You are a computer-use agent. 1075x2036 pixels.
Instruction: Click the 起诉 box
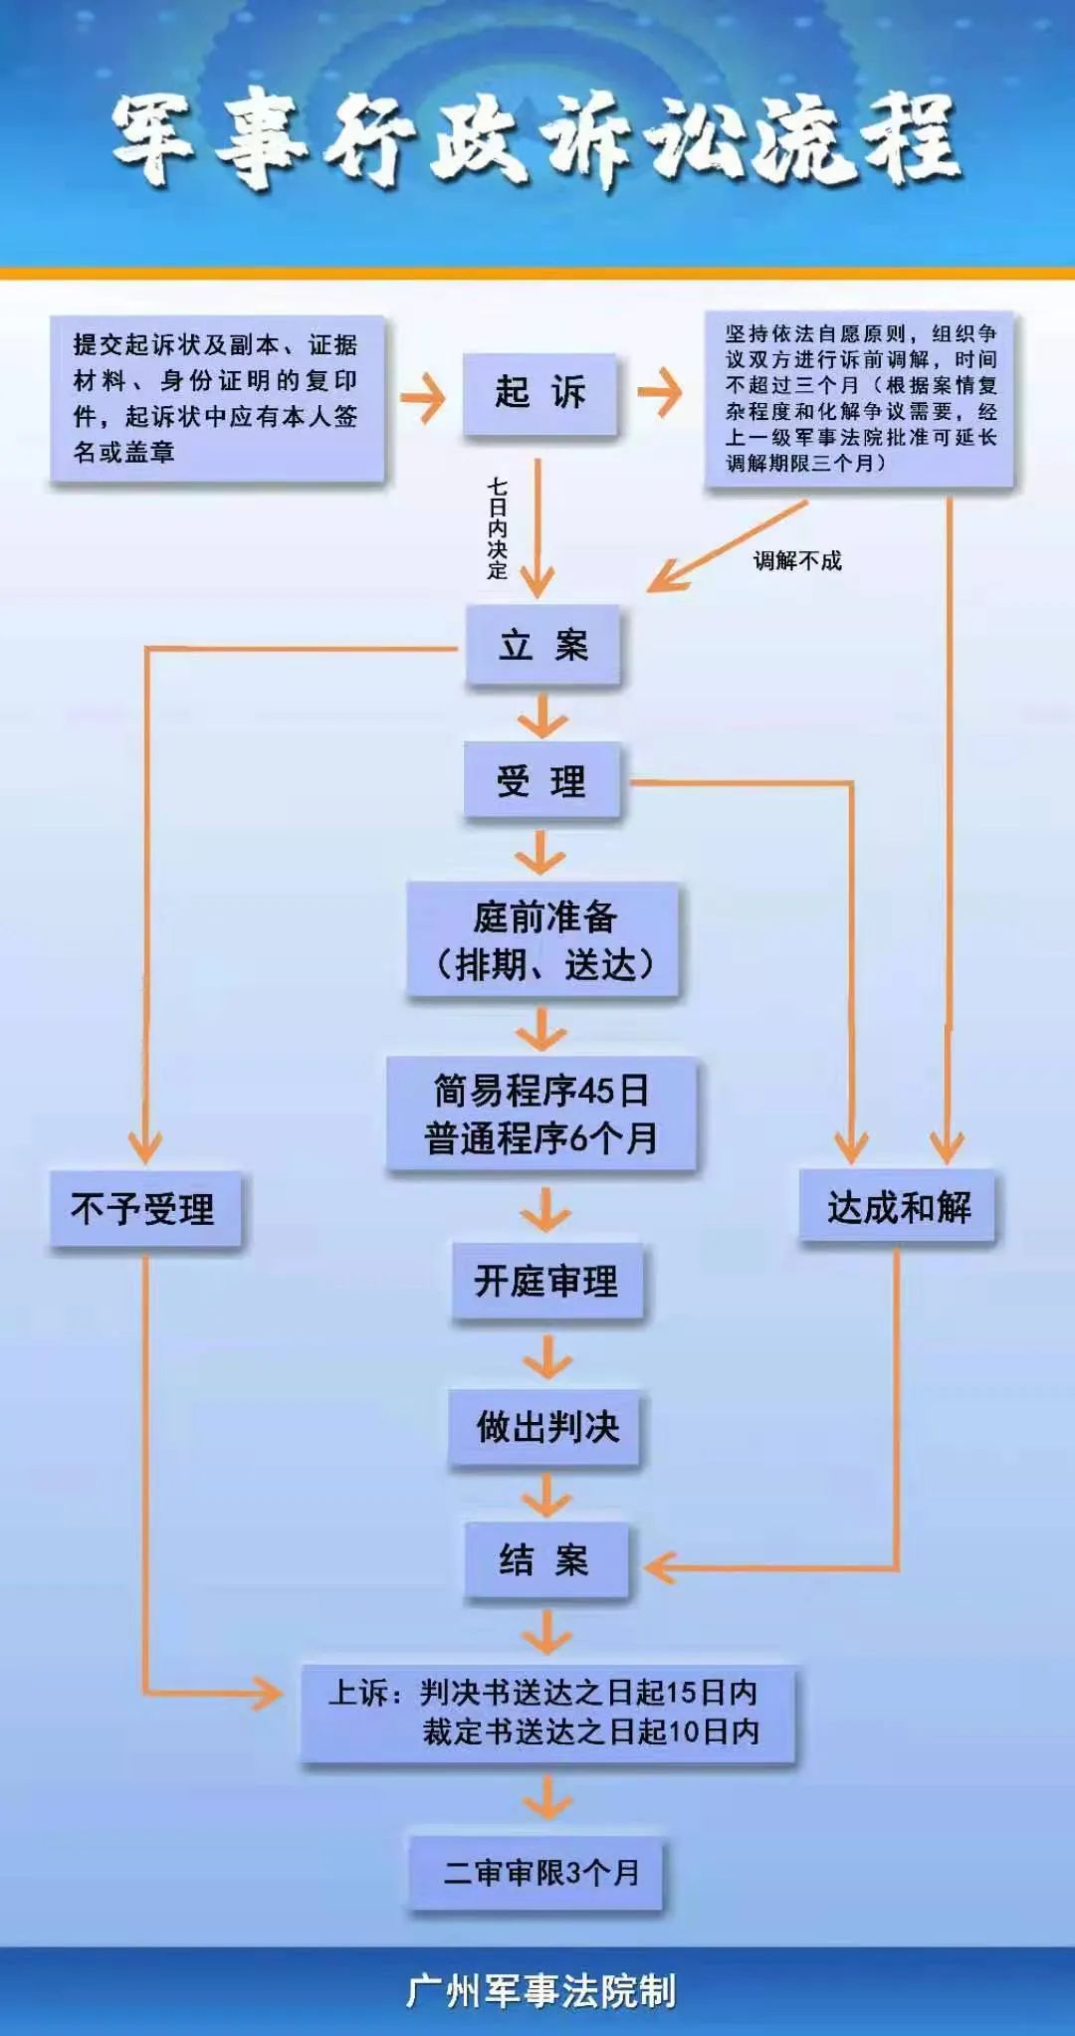[540, 393]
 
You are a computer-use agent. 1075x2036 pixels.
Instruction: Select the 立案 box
[542, 646]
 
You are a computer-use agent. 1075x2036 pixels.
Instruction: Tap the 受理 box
[542, 781]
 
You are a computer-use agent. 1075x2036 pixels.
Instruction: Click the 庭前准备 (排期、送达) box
[543, 940]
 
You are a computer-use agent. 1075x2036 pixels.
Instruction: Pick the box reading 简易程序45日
[541, 1114]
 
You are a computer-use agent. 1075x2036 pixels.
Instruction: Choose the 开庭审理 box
[546, 1282]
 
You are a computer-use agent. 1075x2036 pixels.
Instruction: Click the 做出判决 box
[546, 1427]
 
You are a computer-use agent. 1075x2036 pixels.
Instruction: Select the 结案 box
[545, 1559]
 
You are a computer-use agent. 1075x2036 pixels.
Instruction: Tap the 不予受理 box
[144, 1209]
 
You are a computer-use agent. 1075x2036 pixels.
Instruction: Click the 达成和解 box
[898, 1207]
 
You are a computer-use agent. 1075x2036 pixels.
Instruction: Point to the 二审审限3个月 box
[537, 1873]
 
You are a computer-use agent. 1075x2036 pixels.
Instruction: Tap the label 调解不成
[797, 561]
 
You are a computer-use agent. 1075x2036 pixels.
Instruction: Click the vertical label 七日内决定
[497, 527]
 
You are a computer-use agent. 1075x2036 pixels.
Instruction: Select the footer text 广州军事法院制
[539, 1990]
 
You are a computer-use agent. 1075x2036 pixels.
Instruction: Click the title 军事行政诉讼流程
[537, 139]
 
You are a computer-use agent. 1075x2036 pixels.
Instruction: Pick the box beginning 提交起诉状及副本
[217, 398]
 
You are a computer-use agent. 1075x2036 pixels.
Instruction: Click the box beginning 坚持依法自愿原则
[860, 398]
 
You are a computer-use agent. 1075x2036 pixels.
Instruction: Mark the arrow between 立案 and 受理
[542, 714]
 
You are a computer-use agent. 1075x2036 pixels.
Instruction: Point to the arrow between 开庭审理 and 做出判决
[546, 1355]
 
